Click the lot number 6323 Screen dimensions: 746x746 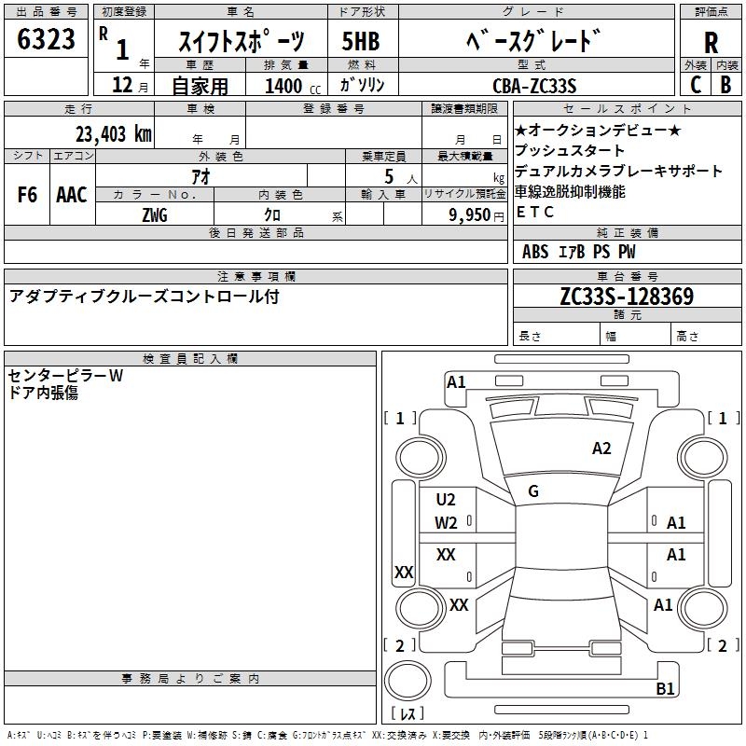(47, 41)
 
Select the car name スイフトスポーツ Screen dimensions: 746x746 (241, 42)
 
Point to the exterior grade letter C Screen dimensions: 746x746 (696, 85)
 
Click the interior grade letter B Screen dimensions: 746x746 (725, 85)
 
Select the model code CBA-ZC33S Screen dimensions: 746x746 (534, 86)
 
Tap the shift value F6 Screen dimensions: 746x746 (27, 195)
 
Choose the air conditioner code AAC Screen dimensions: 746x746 (72, 195)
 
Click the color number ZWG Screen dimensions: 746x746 (154, 215)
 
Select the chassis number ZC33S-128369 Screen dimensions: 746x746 (627, 297)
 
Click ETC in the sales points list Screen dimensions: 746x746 (535, 212)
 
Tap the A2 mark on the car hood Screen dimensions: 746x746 (601, 449)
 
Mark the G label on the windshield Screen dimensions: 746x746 (533, 491)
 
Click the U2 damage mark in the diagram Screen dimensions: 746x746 (446, 500)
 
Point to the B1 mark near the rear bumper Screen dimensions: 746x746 (665, 689)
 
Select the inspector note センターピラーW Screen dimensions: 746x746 (65, 376)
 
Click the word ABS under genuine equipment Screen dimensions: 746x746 (535, 252)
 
